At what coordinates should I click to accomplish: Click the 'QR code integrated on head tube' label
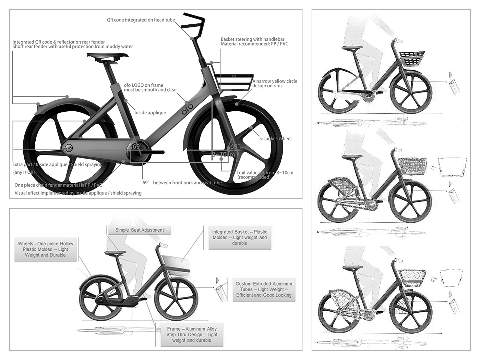(141, 20)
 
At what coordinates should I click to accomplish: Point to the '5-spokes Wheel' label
(275, 139)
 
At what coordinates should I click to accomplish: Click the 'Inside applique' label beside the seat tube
(150, 113)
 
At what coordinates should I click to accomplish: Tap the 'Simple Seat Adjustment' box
(140, 230)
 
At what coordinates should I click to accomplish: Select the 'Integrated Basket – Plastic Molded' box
(239, 237)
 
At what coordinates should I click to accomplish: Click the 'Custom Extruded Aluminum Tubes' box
(264, 289)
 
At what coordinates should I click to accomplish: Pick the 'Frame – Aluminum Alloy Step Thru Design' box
(192, 335)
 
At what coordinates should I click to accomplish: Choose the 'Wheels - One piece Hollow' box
(46, 249)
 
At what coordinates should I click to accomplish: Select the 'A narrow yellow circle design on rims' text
(275, 83)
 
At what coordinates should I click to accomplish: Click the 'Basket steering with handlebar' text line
(253, 39)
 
